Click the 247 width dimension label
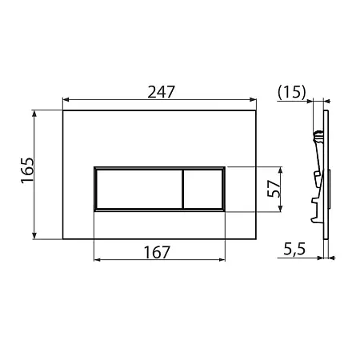point(161,92)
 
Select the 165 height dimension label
point(27,170)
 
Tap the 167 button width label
point(157,252)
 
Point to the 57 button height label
point(274,188)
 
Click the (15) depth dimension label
point(291,92)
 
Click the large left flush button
point(139,189)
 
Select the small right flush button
point(203,189)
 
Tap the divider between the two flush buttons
point(183,189)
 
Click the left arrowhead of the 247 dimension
point(66,100)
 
